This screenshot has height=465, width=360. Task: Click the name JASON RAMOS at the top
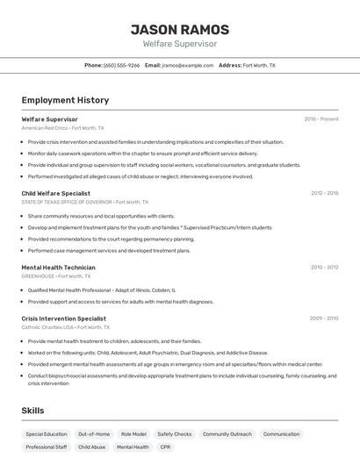pos(179,29)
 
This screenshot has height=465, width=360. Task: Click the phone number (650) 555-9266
pos(121,65)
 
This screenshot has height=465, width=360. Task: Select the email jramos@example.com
pos(188,65)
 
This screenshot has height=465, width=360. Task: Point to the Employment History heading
pos(65,100)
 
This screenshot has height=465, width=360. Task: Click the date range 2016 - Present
pos(320,118)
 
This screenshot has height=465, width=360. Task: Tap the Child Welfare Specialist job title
pos(55,193)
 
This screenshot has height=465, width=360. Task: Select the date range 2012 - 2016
pos(324,193)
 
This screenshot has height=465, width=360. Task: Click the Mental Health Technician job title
pos(58,267)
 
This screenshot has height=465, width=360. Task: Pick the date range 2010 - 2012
pos(324,267)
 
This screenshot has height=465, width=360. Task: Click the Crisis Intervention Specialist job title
pos(63,318)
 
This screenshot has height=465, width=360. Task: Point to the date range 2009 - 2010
pos(324,318)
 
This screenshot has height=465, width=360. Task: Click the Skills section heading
pos(32,410)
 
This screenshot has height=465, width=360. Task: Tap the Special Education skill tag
pos(47,433)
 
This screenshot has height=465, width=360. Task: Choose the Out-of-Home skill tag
pos(94,433)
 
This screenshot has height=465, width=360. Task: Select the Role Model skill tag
pos(133,433)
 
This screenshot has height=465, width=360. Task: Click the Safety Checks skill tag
pos(174,433)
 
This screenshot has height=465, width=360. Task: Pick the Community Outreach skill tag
pos(227,433)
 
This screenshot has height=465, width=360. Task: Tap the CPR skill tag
pos(166,447)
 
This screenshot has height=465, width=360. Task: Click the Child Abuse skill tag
pos(92,447)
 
